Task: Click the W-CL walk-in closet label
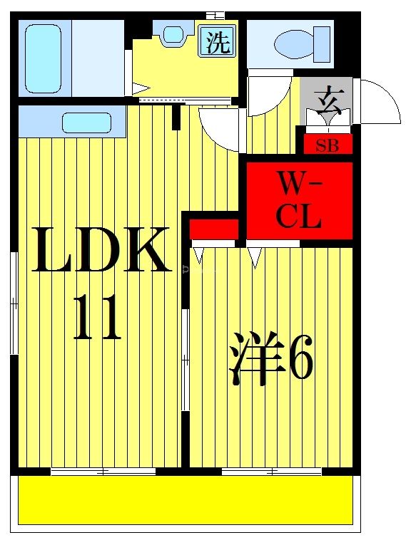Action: point(299,201)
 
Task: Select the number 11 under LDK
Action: point(98,319)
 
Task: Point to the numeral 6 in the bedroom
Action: point(300,362)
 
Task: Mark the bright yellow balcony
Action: point(186,501)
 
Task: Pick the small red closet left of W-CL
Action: point(213,229)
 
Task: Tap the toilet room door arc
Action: point(269,95)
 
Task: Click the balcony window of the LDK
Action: point(103,471)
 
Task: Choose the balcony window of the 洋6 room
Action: point(271,471)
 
